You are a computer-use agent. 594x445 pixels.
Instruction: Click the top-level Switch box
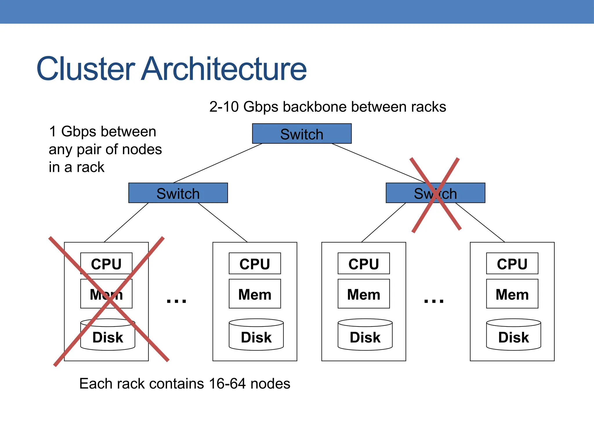tap(302, 134)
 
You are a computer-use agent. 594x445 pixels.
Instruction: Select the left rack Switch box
tap(178, 193)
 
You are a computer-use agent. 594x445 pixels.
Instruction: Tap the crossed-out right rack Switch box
tap(435, 193)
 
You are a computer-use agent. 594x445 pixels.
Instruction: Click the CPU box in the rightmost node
tap(512, 263)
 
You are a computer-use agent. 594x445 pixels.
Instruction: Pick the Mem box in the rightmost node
tap(512, 294)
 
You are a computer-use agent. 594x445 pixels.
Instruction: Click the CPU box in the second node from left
tap(255, 263)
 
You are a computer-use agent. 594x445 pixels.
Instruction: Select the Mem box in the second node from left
tap(255, 294)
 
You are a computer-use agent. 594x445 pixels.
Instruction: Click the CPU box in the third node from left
tap(363, 263)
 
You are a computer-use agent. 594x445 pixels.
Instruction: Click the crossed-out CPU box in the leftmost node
tap(106, 263)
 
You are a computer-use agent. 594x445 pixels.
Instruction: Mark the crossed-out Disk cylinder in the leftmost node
tap(108, 336)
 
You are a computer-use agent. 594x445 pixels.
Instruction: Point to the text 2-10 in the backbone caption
tap(224, 107)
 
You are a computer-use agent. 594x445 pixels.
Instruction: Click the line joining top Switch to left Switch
tap(218, 163)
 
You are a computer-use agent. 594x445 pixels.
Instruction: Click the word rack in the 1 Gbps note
tap(90, 167)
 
